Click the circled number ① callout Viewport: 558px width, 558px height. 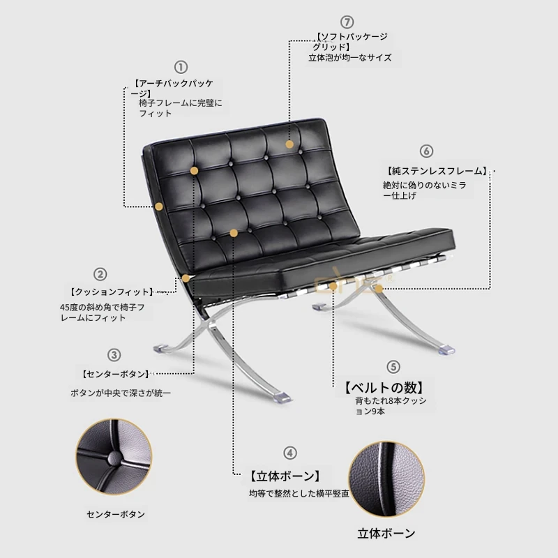pos(181,67)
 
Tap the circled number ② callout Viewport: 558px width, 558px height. pos(100,274)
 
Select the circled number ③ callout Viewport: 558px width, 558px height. pos(114,355)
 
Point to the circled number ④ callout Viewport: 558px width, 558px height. pos(290,453)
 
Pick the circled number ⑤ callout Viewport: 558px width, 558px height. pos(393,367)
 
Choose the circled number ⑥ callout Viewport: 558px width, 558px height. pos(426,151)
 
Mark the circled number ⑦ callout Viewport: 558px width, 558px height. pos(347,22)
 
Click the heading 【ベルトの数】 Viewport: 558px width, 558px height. pos(384,387)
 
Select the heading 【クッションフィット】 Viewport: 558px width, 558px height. pos(112,292)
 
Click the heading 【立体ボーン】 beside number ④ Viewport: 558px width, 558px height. pos(285,476)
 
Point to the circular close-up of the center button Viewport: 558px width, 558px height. pos(114,457)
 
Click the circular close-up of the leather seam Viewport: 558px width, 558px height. pos(386,479)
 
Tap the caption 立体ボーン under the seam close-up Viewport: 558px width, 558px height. pos(386,533)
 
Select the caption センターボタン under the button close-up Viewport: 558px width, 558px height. pos(116,514)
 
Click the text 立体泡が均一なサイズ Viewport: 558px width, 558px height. pos(350,58)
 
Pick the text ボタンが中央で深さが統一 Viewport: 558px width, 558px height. pos(121,393)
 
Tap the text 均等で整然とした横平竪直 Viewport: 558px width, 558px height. pos(299,494)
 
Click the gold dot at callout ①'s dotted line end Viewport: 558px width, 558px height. pos(159,206)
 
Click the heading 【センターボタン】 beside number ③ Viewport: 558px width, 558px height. pos(116,374)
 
